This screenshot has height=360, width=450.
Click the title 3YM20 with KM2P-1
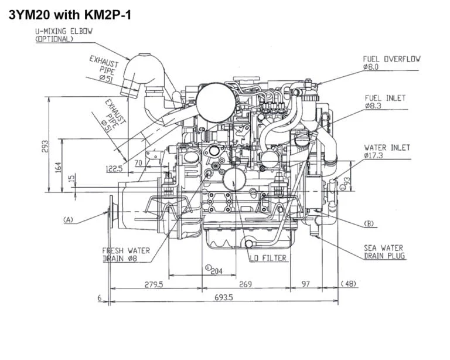click(69, 14)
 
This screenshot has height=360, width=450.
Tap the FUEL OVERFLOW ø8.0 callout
click(391, 63)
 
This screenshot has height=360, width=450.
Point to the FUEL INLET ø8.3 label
click(384, 102)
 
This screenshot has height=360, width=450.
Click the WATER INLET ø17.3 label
click(387, 152)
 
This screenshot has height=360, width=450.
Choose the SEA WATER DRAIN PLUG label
click(384, 252)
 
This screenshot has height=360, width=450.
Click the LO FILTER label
click(267, 258)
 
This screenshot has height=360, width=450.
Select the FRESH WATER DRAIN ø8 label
click(125, 254)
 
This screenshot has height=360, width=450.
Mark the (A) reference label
click(68, 220)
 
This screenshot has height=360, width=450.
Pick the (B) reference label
click(369, 223)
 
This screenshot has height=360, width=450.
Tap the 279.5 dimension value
click(154, 284)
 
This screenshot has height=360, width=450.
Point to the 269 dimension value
click(245, 284)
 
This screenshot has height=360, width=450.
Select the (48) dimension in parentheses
click(348, 284)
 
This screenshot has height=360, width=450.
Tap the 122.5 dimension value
click(114, 169)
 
